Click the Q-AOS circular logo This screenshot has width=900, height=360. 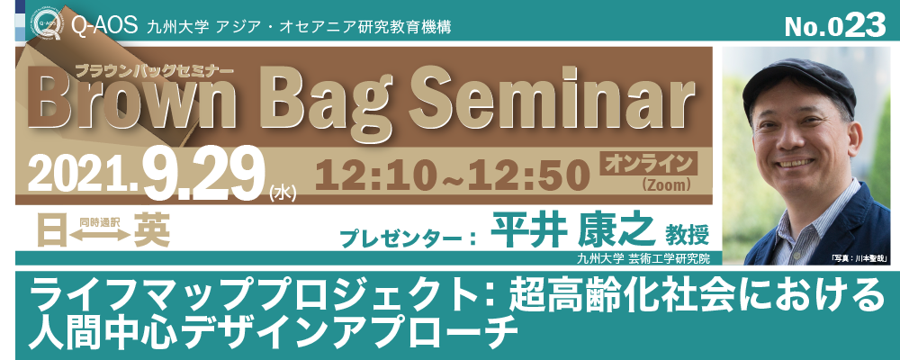[x=47, y=24]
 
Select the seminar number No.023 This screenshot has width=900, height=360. [x=836, y=26]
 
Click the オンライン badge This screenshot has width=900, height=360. [x=647, y=164]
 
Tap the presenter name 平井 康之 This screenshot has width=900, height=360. [x=571, y=231]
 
